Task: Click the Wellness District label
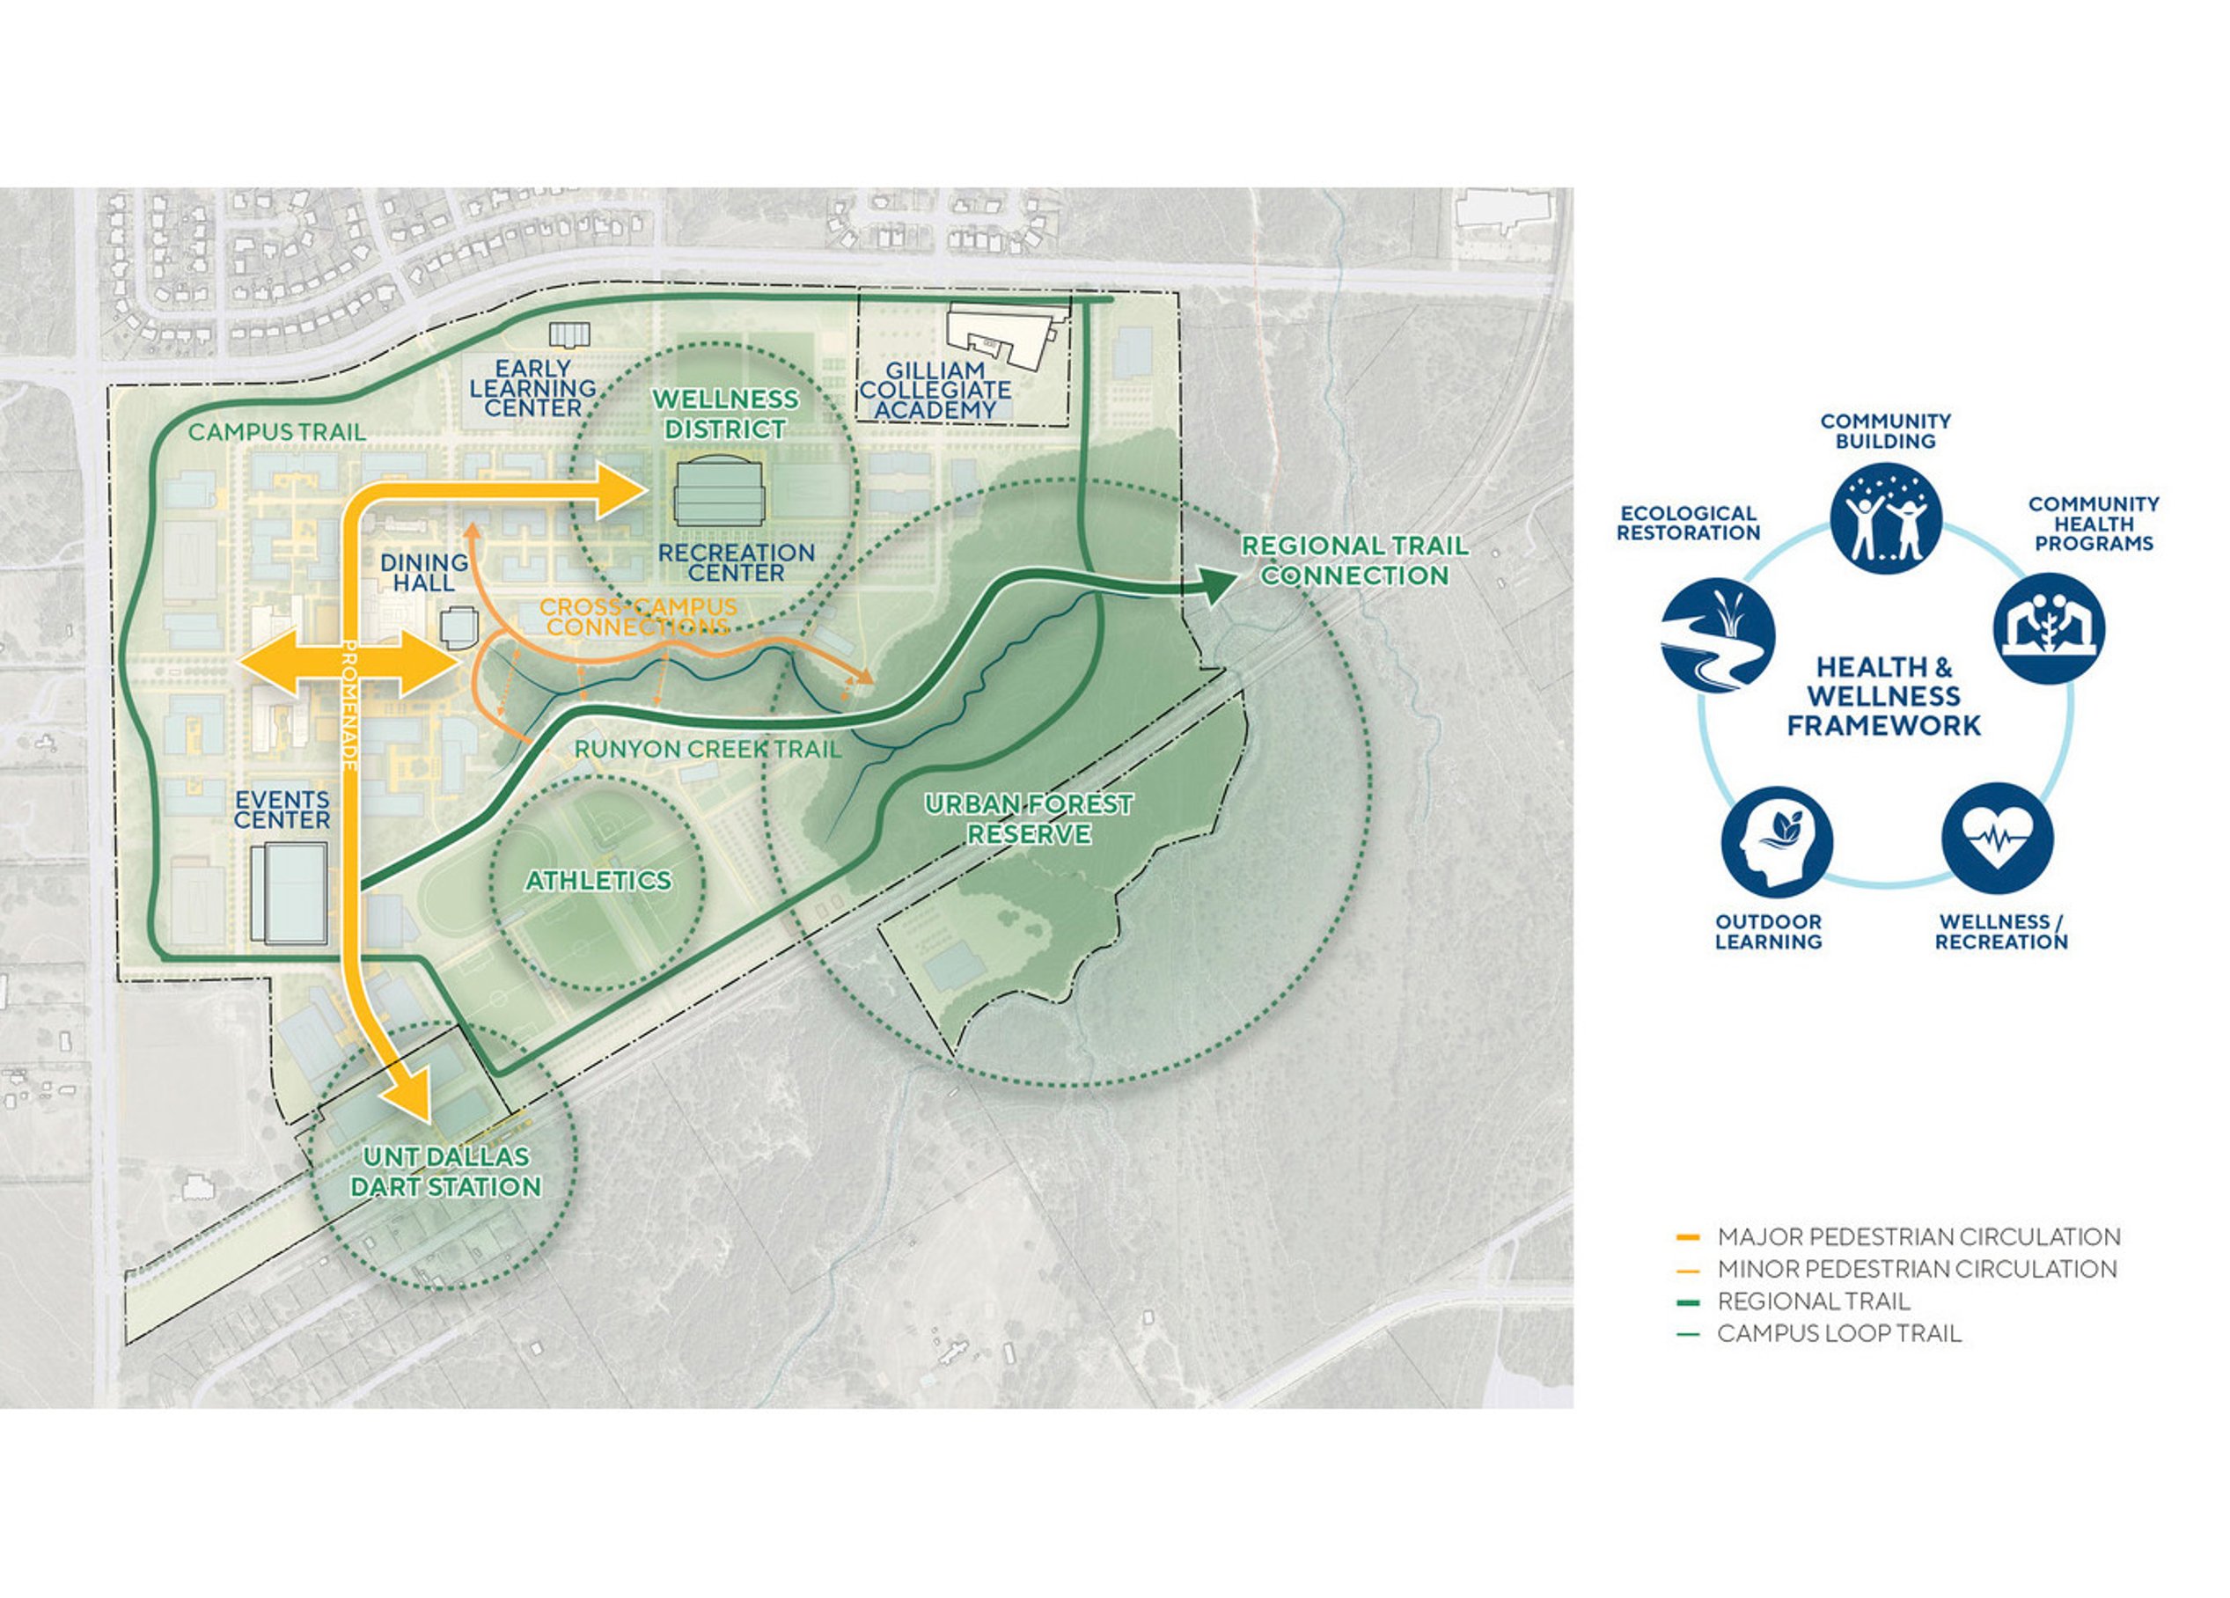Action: (726, 414)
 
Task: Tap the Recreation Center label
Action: (737, 562)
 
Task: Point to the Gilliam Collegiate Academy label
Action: (935, 391)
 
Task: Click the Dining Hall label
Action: (425, 572)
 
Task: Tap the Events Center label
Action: (282, 810)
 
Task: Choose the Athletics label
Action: (598, 880)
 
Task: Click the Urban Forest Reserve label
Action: (1029, 819)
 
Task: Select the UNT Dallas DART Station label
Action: (445, 1172)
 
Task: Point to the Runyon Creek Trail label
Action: (708, 750)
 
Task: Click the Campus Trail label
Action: (276, 432)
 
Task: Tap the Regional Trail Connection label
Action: (1355, 561)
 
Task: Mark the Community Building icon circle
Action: (1885, 518)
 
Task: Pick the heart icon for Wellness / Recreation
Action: (1997, 839)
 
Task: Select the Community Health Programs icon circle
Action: (2049, 627)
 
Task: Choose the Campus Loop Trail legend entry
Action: (1818, 1333)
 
